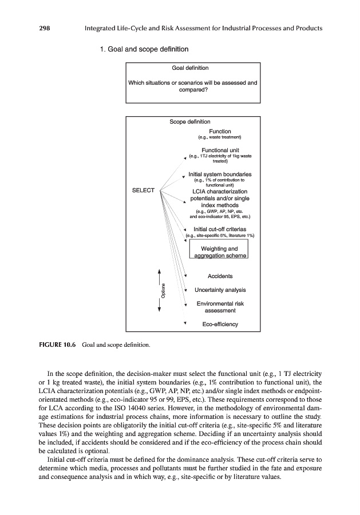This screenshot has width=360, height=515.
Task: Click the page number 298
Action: point(29,28)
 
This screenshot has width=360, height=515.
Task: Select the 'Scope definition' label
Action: point(190,122)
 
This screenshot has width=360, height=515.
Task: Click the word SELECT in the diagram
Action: point(144,190)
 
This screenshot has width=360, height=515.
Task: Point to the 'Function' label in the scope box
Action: point(220,131)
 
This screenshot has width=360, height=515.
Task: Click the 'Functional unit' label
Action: point(220,150)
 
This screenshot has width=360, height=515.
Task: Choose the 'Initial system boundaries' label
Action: point(220,174)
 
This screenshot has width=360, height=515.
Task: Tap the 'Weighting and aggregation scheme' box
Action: point(220,252)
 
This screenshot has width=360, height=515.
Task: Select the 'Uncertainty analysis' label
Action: point(220,290)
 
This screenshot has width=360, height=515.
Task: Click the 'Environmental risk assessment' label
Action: point(220,307)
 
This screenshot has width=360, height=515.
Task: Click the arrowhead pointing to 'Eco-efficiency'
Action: point(186,323)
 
